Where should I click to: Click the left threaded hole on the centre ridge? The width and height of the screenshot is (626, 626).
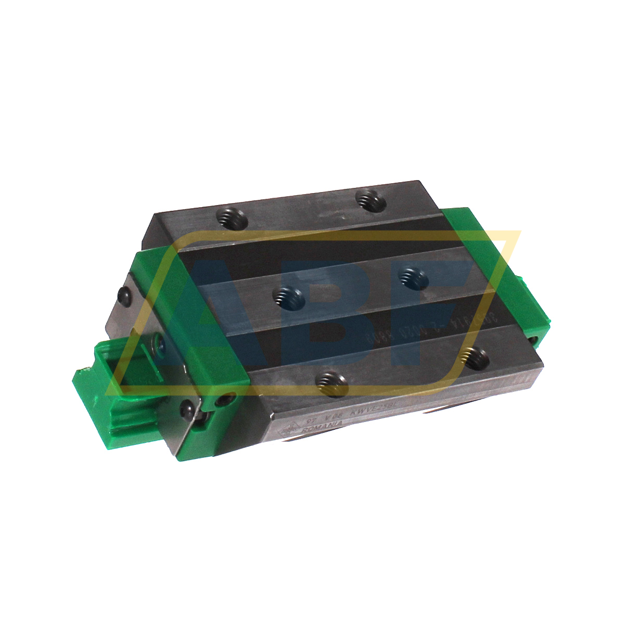pos(289,299)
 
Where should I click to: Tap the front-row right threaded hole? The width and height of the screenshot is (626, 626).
pos(476,357)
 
